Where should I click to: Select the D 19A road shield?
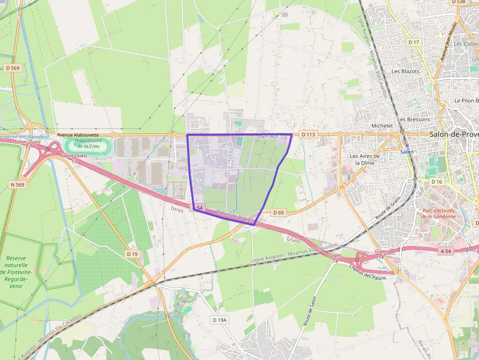point(220,320)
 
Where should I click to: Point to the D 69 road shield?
point(278,212)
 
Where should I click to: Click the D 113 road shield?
point(308,134)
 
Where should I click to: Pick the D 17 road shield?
point(414,42)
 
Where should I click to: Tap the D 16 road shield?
point(436,182)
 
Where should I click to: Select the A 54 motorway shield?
point(445,251)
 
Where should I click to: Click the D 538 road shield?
point(458,2)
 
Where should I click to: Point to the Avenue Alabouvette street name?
point(78,135)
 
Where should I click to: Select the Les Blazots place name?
point(406,71)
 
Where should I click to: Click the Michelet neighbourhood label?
point(382,126)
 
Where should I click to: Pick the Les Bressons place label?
point(414,119)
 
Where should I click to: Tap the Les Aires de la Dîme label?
point(364,159)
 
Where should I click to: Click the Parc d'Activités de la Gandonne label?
point(438,213)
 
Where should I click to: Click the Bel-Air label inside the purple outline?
point(267,136)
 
